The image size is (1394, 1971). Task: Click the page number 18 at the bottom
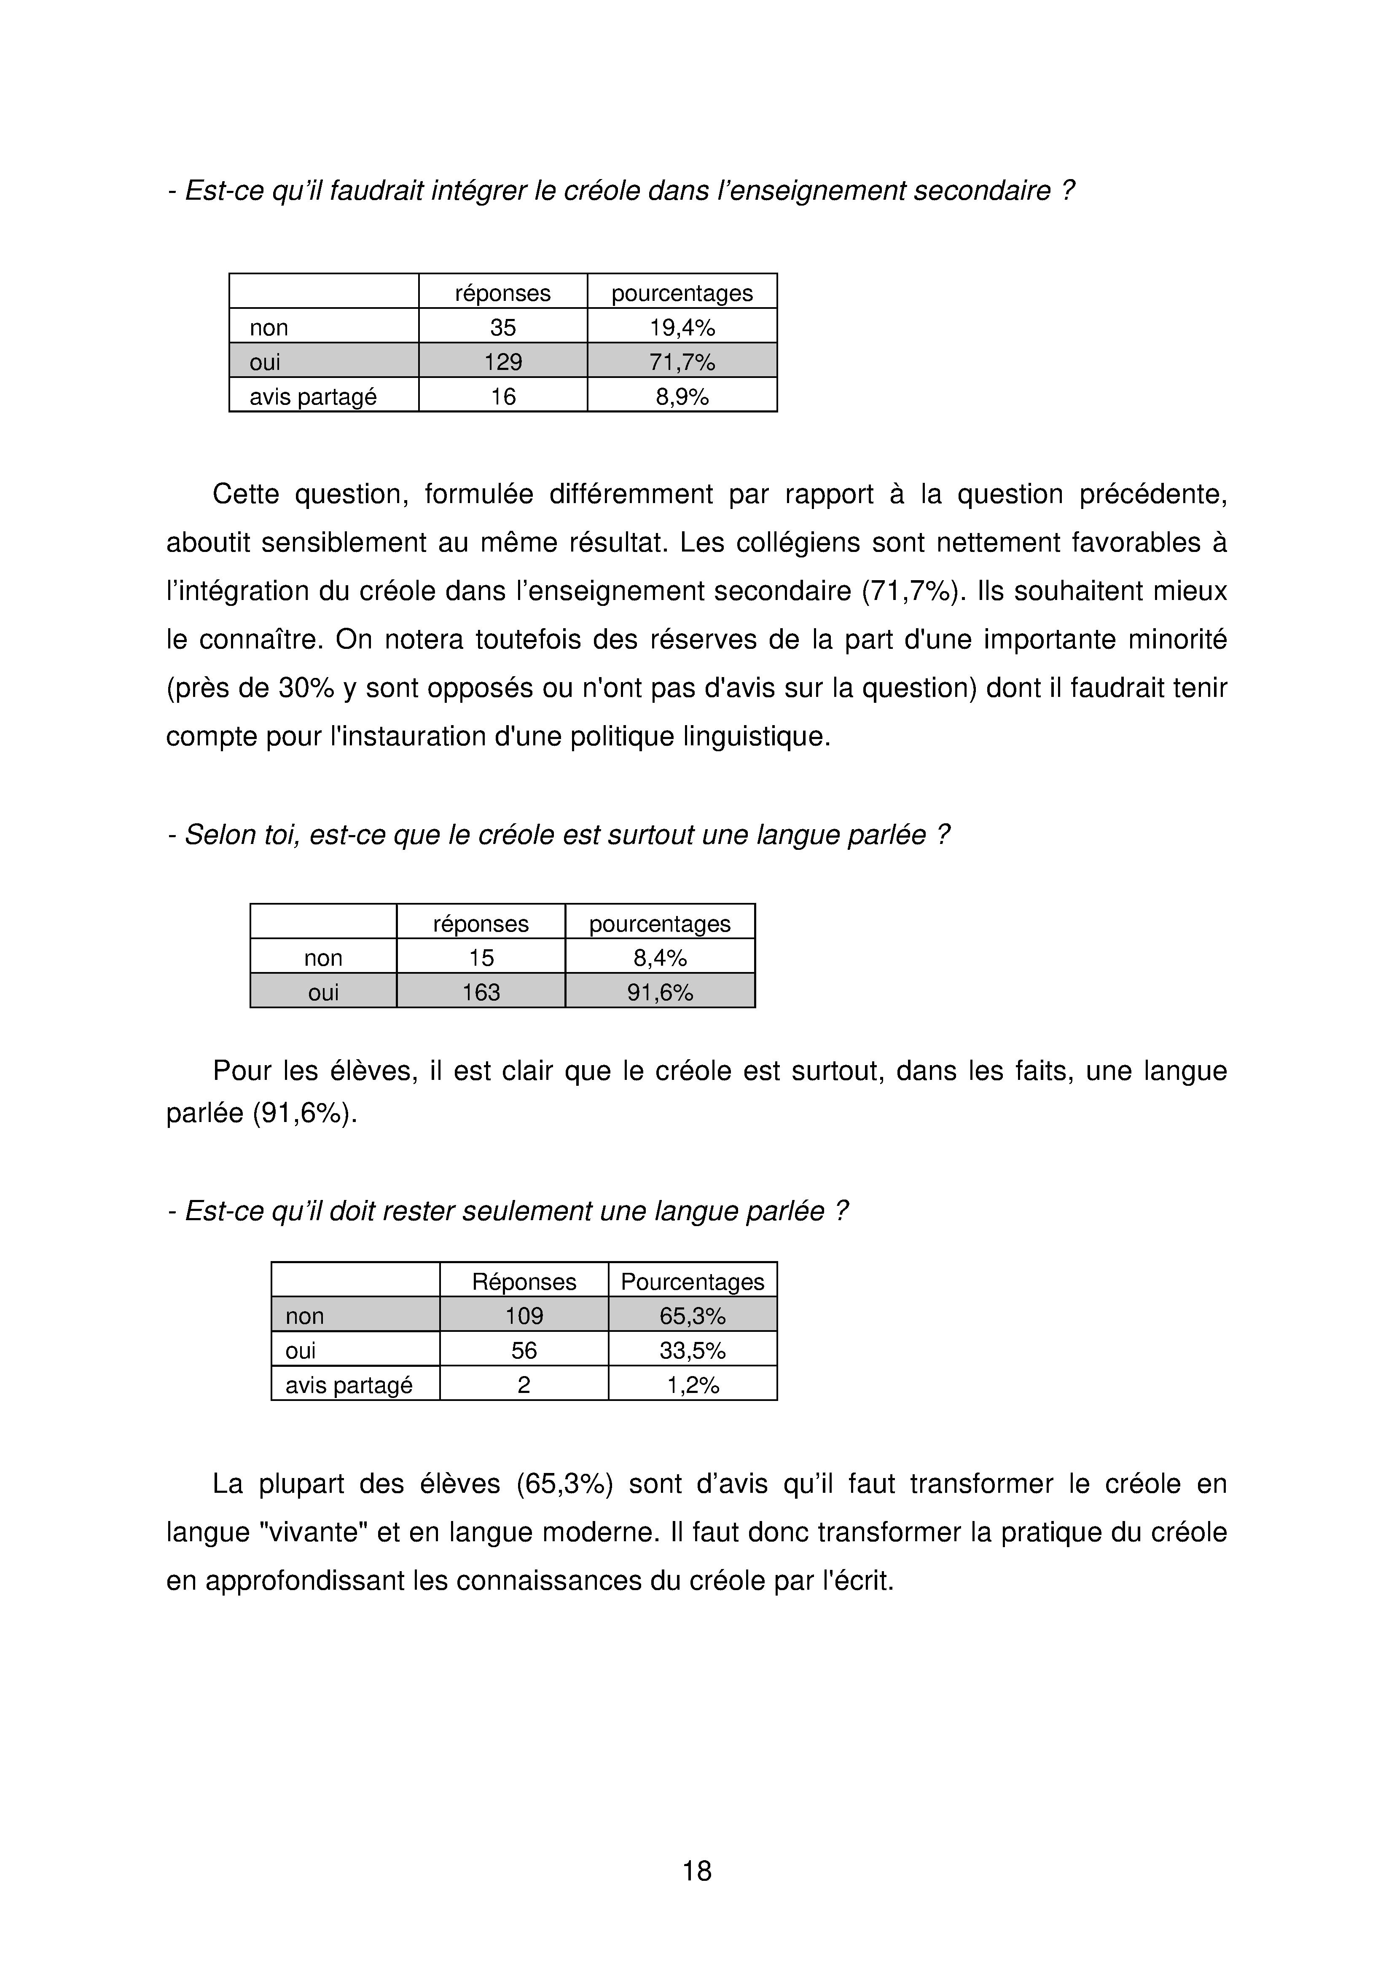(696, 1871)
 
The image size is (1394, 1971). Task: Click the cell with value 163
(481, 992)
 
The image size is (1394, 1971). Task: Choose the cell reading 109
(524, 1316)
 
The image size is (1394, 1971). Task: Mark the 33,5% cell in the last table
(692, 1350)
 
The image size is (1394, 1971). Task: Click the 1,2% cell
(692, 1385)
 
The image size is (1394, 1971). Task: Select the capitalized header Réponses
(524, 1282)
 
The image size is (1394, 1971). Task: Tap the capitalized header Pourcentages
(692, 1282)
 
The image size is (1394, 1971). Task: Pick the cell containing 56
(524, 1350)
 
